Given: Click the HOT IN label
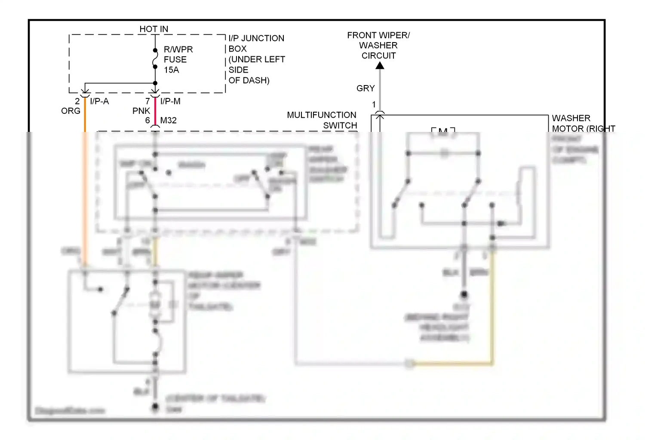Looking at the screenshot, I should pyautogui.click(x=154, y=29).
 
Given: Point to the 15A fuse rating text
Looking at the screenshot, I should pyautogui.click(x=171, y=70).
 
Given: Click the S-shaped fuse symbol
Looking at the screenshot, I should pyautogui.click(x=155, y=58).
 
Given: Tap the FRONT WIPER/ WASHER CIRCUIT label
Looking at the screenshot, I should pyautogui.click(x=378, y=45).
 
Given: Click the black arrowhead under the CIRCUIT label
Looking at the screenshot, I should pyautogui.click(x=380, y=65).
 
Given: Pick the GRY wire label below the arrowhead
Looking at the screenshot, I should pyautogui.click(x=365, y=88).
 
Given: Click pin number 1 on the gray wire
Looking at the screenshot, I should pyautogui.click(x=374, y=104).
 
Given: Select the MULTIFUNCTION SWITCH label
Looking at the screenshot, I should pyautogui.click(x=322, y=120).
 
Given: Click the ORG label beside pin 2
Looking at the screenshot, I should pyautogui.click(x=71, y=111).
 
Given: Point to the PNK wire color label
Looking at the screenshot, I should pyautogui.click(x=141, y=111).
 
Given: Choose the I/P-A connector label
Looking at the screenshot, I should pyautogui.click(x=99, y=101).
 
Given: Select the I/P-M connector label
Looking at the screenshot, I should pyautogui.click(x=170, y=101).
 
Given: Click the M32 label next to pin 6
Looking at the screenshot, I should pyautogui.click(x=168, y=120).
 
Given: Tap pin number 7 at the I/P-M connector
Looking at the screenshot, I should pyautogui.click(x=147, y=101).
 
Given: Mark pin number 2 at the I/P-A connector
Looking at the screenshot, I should pyautogui.click(x=77, y=101).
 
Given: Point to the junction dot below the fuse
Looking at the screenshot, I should pyautogui.click(x=155, y=83).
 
